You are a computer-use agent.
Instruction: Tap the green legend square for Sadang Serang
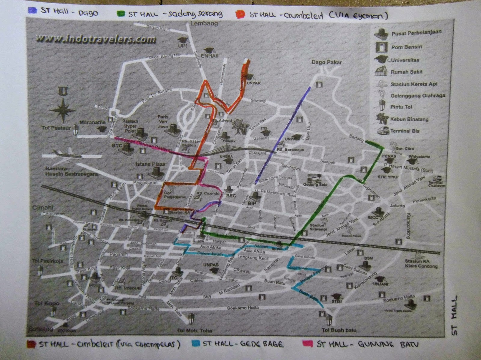click(121, 14)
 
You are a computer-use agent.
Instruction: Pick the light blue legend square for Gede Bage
click(196, 343)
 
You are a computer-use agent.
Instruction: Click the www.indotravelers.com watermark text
click(96, 39)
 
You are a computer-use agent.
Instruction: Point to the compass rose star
click(63, 110)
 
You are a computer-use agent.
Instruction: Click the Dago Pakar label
click(326, 62)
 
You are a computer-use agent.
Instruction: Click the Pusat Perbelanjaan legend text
click(416, 33)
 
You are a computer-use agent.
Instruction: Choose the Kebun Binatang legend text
click(409, 119)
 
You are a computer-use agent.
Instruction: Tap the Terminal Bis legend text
click(405, 131)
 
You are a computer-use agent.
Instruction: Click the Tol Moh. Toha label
click(194, 330)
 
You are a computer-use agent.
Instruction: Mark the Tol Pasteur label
click(56, 128)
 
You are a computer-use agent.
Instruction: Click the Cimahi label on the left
click(42, 207)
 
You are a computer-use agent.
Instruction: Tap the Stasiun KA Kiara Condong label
click(421, 263)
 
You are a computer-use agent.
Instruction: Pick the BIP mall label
click(252, 203)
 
